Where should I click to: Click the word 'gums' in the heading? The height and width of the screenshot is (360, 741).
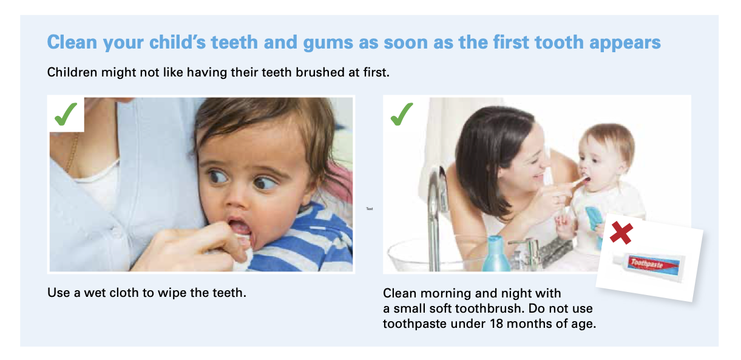click(328, 44)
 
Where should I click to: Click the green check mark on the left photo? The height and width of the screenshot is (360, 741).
click(66, 114)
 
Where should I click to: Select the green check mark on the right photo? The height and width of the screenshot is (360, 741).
click(402, 114)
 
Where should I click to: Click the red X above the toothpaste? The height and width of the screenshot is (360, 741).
click(621, 233)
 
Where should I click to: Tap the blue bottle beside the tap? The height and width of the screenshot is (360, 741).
click(495, 254)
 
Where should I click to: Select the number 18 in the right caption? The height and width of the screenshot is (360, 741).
click(496, 324)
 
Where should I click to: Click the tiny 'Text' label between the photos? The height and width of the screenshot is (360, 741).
click(370, 209)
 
